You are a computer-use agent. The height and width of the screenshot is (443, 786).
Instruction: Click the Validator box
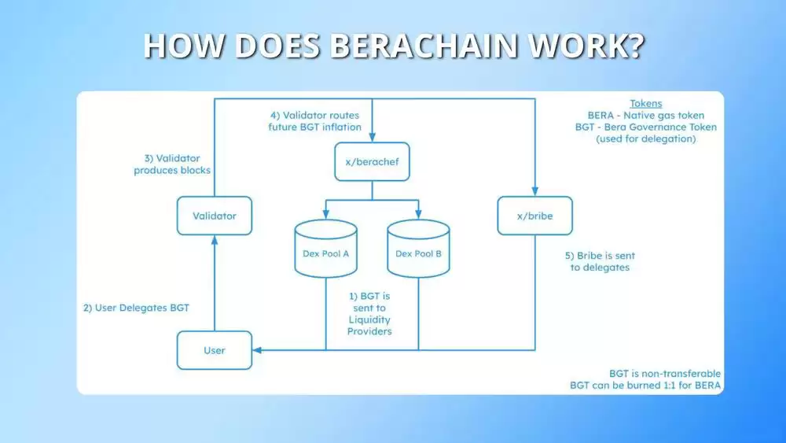pyautogui.click(x=215, y=215)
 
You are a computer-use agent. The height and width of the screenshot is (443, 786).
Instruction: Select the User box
pyautogui.click(x=215, y=350)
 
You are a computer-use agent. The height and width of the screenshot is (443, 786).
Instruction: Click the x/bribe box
pyautogui.click(x=535, y=215)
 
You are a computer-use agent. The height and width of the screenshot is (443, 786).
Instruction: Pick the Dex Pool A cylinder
pyautogui.click(x=325, y=249)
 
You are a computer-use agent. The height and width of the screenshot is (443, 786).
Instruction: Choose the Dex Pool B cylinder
pyautogui.click(x=418, y=249)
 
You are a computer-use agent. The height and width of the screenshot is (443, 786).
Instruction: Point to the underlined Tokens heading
pyautogui.click(x=646, y=104)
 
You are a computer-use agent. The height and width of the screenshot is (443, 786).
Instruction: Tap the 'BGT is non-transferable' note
pyautogui.click(x=665, y=373)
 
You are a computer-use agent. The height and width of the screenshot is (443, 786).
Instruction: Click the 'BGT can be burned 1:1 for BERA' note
pyautogui.click(x=645, y=386)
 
